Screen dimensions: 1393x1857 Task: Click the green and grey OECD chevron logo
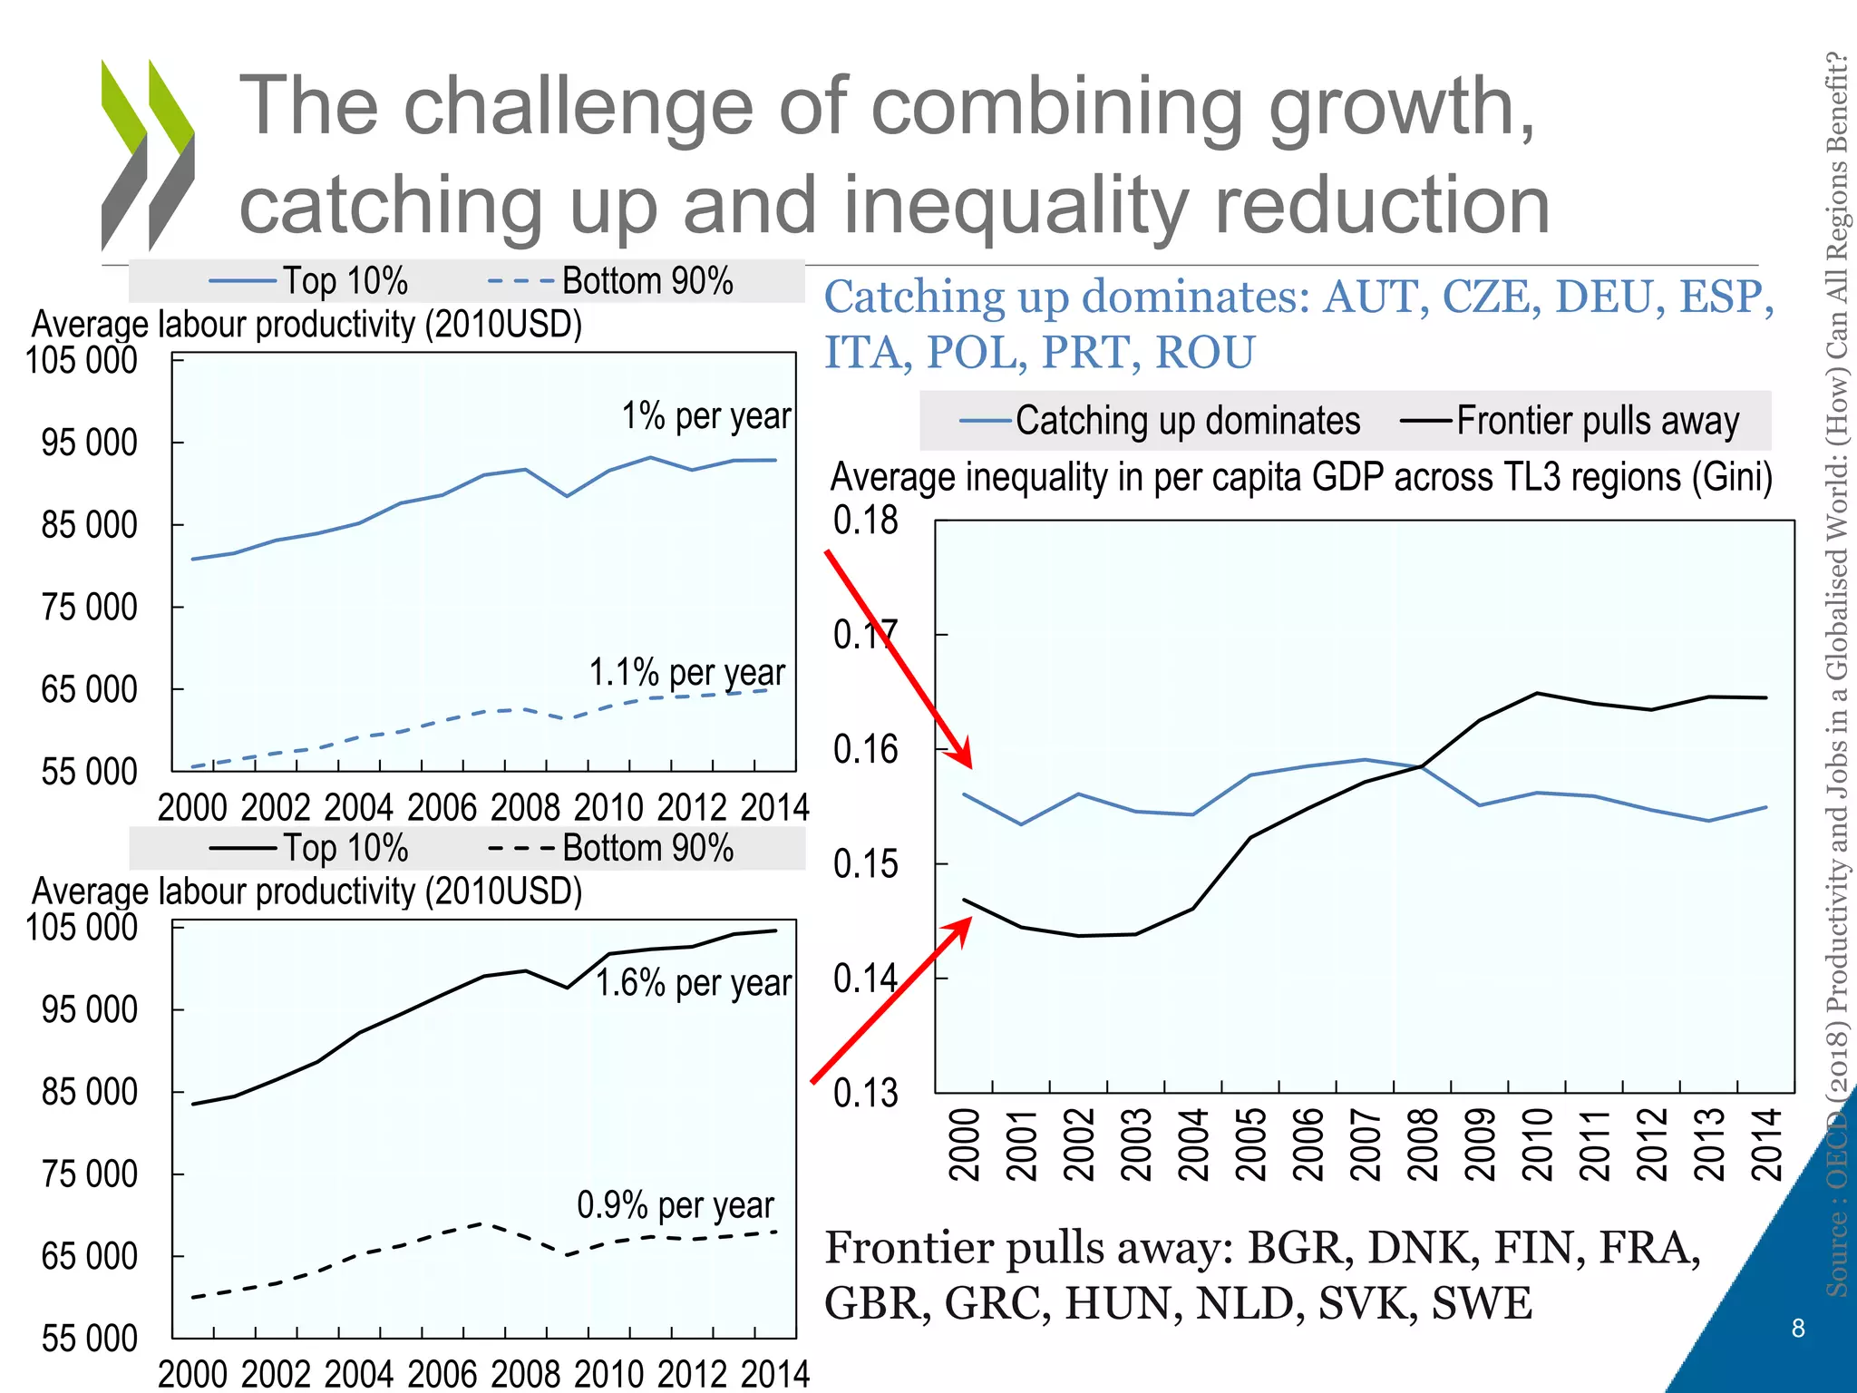pyautogui.click(x=148, y=154)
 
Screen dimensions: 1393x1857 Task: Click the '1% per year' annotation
pyautogui.click(x=705, y=416)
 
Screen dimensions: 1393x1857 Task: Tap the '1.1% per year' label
pyautogui.click(x=686, y=673)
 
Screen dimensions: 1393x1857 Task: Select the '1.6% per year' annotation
pyautogui.click(x=693, y=983)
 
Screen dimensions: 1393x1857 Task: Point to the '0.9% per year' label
pyautogui.click(x=676, y=1205)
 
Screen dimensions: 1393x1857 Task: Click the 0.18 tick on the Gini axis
pyautogui.click(x=865, y=521)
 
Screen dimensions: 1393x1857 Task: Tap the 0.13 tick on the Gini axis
pyautogui.click(x=865, y=1093)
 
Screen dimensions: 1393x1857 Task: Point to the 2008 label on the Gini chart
pyautogui.click(x=1423, y=1145)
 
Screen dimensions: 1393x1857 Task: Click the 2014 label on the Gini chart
pyautogui.click(x=1766, y=1145)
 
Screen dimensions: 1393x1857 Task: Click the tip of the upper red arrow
pyautogui.click(x=970, y=766)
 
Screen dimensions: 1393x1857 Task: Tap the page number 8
pyautogui.click(x=1798, y=1329)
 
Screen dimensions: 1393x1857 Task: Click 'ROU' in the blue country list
pyautogui.click(x=1205, y=353)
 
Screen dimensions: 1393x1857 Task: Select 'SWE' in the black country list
pyautogui.click(x=1482, y=1303)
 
